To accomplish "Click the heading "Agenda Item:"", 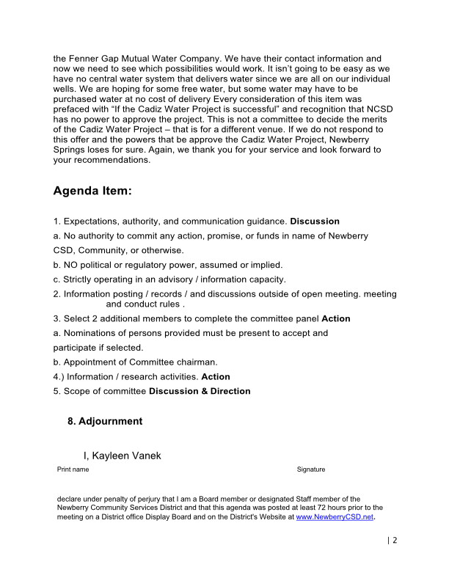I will pyautogui.click(x=92, y=191).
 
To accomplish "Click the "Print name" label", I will pyautogui.click(x=73, y=469).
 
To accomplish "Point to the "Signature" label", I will pyautogui.click(x=311, y=469).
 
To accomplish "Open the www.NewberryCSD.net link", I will pyautogui.click(x=335, y=516).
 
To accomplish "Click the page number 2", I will pyautogui.click(x=394, y=541).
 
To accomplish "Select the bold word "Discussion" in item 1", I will pyautogui.click(x=315, y=221).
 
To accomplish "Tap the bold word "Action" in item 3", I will pyautogui.click(x=336, y=318).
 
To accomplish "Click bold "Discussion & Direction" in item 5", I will pyautogui.click(x=200, y=391).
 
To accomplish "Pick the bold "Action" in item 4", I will pyautogui.click(x=216, y=376).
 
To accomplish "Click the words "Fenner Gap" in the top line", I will pyautogui.click(x=93, y=57).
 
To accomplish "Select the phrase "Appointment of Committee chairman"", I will pyautogui.click(x=140, y=362).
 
